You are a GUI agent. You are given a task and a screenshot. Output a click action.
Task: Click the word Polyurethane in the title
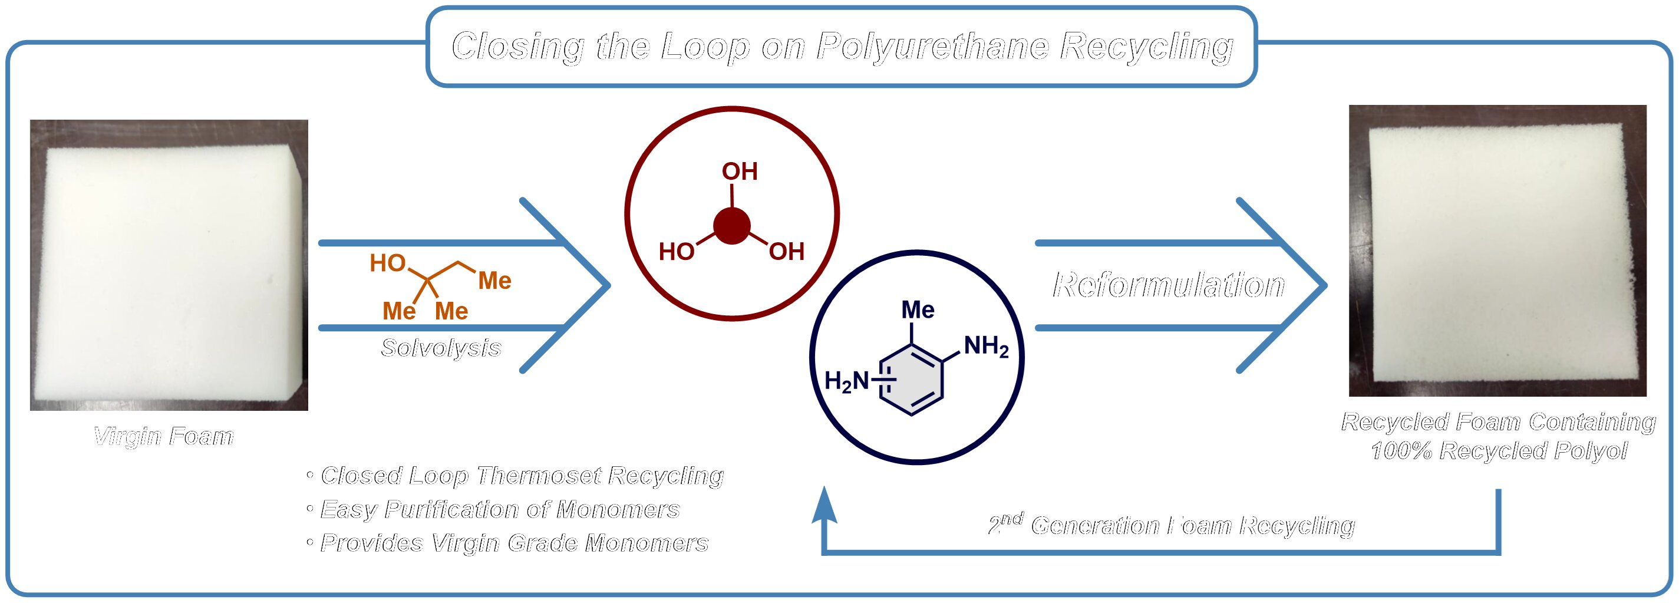(x=932, y=47)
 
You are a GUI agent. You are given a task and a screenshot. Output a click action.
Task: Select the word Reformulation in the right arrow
(x=1169, y=285)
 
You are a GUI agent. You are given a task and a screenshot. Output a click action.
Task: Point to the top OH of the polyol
(x=739, y=172)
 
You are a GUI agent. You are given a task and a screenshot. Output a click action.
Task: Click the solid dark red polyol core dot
(x=732, y=226)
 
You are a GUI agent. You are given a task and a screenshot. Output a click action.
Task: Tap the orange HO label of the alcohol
(x=388, y=263)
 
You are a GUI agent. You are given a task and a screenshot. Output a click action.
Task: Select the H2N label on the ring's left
(x=847, y=381)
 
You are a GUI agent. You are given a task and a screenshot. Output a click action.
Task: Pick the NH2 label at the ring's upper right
(x=986, y=346)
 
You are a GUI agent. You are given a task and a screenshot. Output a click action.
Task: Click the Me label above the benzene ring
(x=918, y=309)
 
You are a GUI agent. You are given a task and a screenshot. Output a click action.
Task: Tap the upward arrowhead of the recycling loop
(x=824, y=506)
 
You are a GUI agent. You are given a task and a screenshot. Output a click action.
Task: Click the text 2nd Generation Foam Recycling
(x=1171, y=525)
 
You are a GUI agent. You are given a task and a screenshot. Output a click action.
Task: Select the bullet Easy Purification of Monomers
(x=499, y=509)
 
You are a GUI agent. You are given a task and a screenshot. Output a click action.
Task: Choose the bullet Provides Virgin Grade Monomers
(x=514, y=543)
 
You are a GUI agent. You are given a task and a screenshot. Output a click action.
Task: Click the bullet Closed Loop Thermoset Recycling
(x=522, y=475)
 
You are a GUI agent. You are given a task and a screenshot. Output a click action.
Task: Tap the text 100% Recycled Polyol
(x=1499, y=450)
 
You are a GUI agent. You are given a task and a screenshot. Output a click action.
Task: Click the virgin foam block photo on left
(x=169, y=265)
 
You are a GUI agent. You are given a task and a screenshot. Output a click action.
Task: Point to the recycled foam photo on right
(x=1497, y=251)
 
